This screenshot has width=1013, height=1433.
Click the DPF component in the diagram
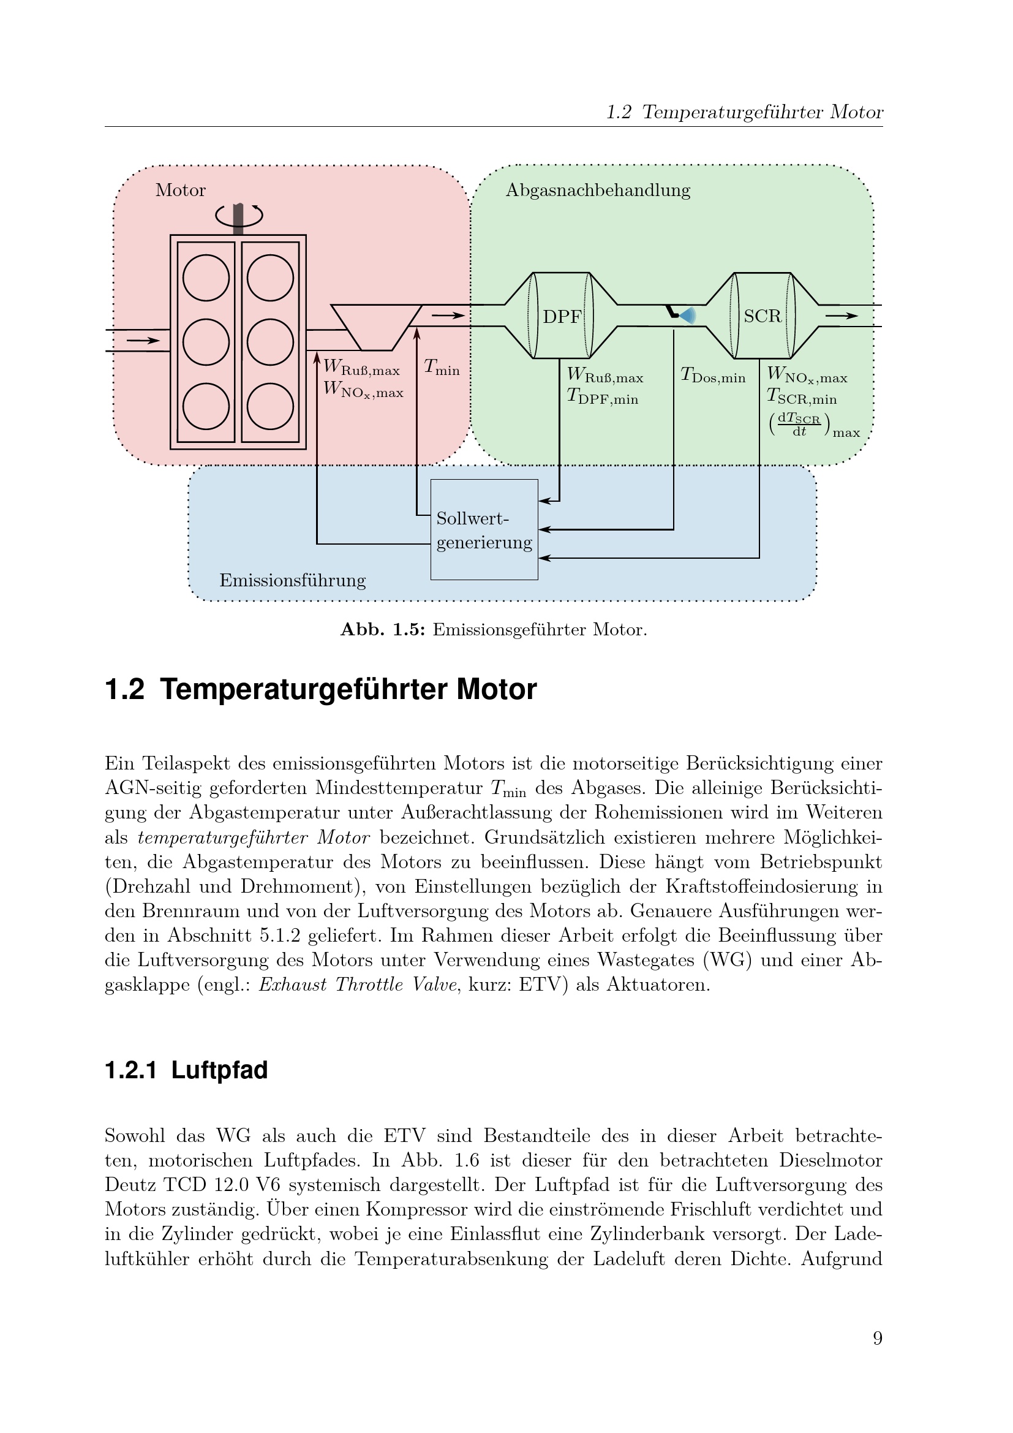tap(562, 316)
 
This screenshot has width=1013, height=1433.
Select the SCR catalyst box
tap(763, 316)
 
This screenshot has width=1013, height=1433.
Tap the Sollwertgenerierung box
tap(484, 529)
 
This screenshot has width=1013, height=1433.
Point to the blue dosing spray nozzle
tap(686, 315)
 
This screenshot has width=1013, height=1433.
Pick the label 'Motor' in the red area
tap(180, 190)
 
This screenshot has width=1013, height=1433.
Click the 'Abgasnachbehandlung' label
tap(598, 190)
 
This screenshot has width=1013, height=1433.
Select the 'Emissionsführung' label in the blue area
tap(293, 580)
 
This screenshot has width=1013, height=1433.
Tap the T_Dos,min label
tap(713, 376)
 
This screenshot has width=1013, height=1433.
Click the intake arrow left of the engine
tap(143, 340)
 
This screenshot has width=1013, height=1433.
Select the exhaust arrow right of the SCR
tap(842, 316)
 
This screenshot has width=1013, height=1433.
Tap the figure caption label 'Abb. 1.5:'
tap(382, 629)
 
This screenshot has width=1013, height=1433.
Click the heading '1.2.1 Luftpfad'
tap(187, 1070)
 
